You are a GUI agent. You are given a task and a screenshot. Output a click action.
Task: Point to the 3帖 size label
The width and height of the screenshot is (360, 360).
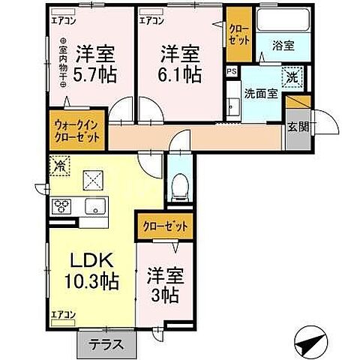pos(163,294)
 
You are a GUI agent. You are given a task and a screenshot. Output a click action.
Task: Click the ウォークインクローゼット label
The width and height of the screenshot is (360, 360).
pos(79,132)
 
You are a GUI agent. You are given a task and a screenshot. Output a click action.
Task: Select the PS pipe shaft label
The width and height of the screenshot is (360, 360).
pos(232,73)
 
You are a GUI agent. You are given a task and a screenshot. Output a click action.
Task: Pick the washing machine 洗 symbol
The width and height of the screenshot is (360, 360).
pos(292,76)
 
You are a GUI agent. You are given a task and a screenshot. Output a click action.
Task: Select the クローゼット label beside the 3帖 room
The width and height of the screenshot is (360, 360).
pos(164,225)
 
